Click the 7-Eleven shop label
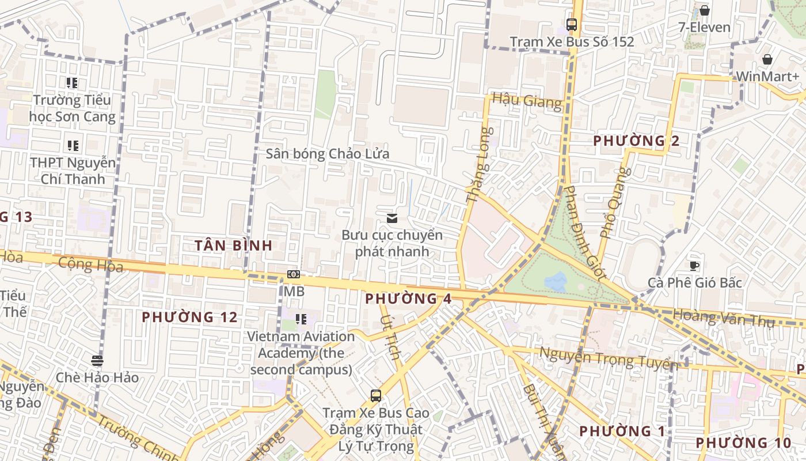tap(704, 27)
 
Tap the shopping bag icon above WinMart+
tap(767, 59)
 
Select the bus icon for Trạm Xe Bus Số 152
tap(572, 25)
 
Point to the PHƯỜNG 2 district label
tap(636, 141)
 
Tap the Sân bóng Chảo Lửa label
tap(327, 154)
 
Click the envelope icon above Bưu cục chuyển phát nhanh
tap(392, 218)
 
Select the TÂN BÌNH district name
tap(233, 245)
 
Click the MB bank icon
tap(294, 274)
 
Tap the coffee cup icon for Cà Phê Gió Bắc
tap(695, 265)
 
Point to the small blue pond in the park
tap(556, 282)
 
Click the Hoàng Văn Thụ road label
tap(724, 318)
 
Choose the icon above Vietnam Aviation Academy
tap(301, 319)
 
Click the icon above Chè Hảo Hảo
tap(97, 361)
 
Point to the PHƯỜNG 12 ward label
tap(189, 317)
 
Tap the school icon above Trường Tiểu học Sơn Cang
tap(72, 83)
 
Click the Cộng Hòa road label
tap(91, 264)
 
